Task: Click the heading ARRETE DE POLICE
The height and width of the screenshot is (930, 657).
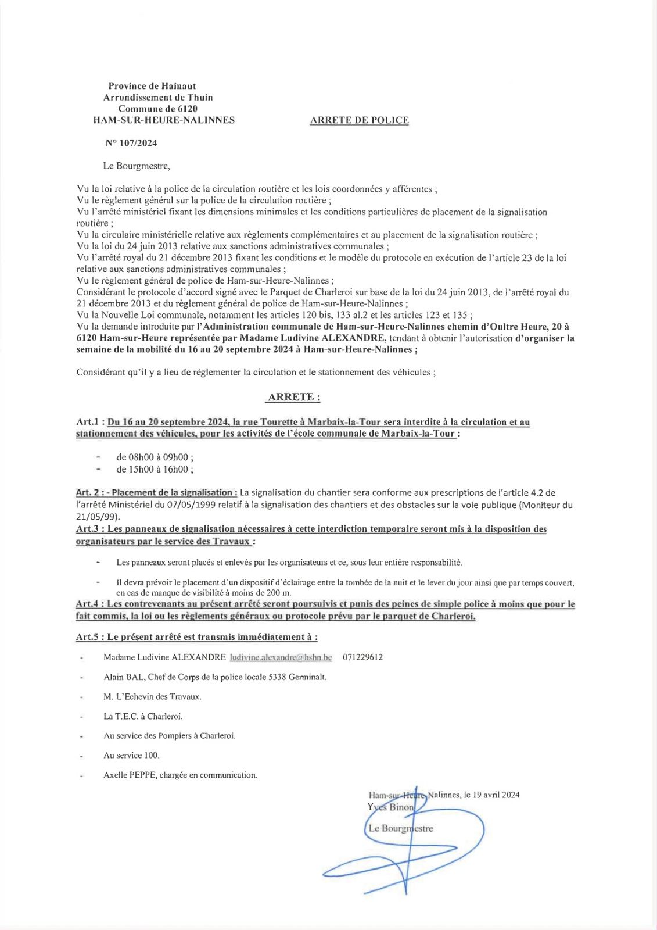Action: [x=359, y=120]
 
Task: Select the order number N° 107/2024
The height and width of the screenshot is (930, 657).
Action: [x=131, y=143]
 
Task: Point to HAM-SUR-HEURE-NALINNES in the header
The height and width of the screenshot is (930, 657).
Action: [x=164, y=120]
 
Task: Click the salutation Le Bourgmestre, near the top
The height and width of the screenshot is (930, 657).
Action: [x=137, y=166]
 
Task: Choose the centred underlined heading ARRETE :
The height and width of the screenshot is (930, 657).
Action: [x=294, y=398]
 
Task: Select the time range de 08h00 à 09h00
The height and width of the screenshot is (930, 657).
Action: [x=155, y=457]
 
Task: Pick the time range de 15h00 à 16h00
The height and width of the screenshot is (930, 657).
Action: [x=155, y=469]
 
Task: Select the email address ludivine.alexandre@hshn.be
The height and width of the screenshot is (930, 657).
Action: [x=281, y=657]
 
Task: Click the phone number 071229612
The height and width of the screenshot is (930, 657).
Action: [x=362, y=657]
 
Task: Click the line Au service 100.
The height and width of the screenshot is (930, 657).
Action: [x=131, y=755]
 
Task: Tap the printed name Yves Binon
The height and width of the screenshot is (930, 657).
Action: [x=390, y=807]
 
